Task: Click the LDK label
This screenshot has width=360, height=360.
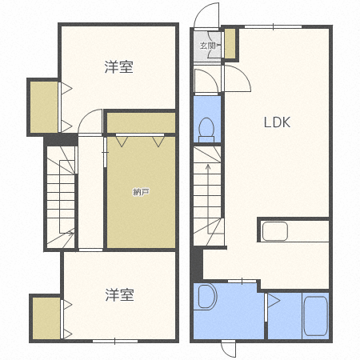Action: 278,122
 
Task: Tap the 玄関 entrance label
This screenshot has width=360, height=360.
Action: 208,46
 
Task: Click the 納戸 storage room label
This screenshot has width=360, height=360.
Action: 140,192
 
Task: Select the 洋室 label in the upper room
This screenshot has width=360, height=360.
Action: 118,67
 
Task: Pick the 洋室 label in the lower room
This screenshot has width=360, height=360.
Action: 118,295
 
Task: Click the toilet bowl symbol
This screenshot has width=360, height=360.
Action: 206,127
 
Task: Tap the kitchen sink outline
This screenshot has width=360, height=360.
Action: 274,232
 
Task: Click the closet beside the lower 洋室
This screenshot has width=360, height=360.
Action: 46,318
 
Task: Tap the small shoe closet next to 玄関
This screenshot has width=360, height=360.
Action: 230,44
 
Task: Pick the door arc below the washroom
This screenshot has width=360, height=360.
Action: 228,350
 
